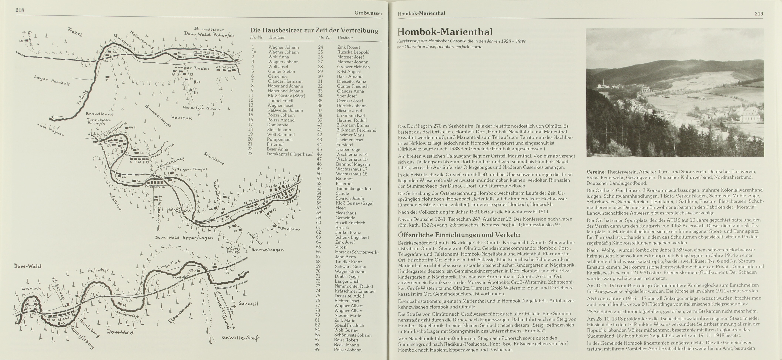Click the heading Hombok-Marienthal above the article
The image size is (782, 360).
[x=445, y=32]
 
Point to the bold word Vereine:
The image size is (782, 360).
[x=596, y=172]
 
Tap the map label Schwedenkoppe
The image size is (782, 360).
[x=158, y=116]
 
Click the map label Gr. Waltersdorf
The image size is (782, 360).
[x=240, y=338]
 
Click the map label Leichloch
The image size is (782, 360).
[x=31, y=288]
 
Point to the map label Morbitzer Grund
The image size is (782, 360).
[x=201, y=108]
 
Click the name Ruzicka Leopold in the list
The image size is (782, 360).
[x=353, y=52]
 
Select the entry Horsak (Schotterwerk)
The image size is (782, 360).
[x=357, y=252]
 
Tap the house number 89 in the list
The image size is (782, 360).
[x=317, y=350]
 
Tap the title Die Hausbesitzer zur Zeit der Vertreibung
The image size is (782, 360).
[x=314, y=30]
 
